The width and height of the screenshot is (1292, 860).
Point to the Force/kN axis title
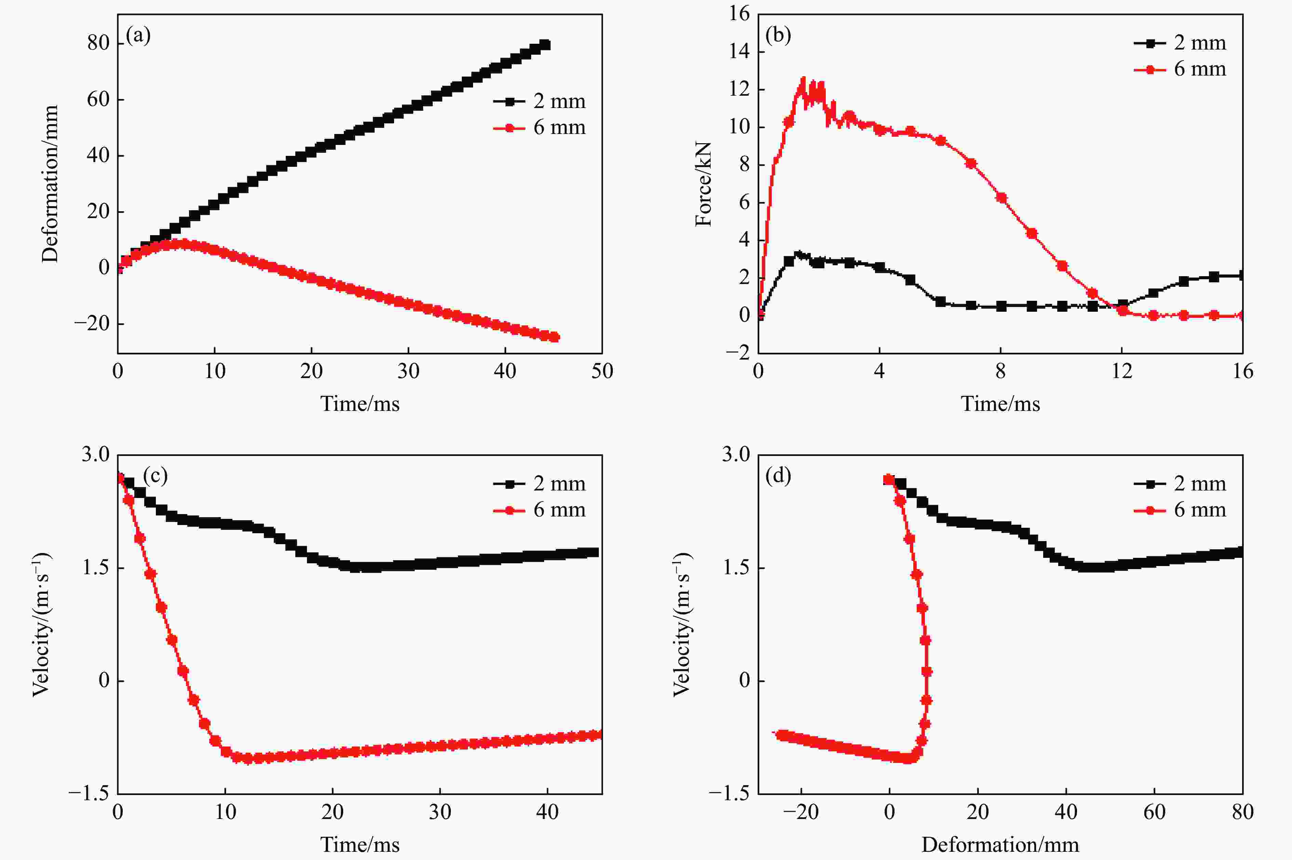tap(703, 184)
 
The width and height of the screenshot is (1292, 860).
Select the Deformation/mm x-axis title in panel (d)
tap(1000, 845)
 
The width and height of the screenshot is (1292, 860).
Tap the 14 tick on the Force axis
tap(739, 52)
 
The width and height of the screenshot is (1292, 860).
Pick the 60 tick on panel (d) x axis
tap(1154, 812)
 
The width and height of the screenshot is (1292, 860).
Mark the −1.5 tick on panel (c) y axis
tap(89, 794)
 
